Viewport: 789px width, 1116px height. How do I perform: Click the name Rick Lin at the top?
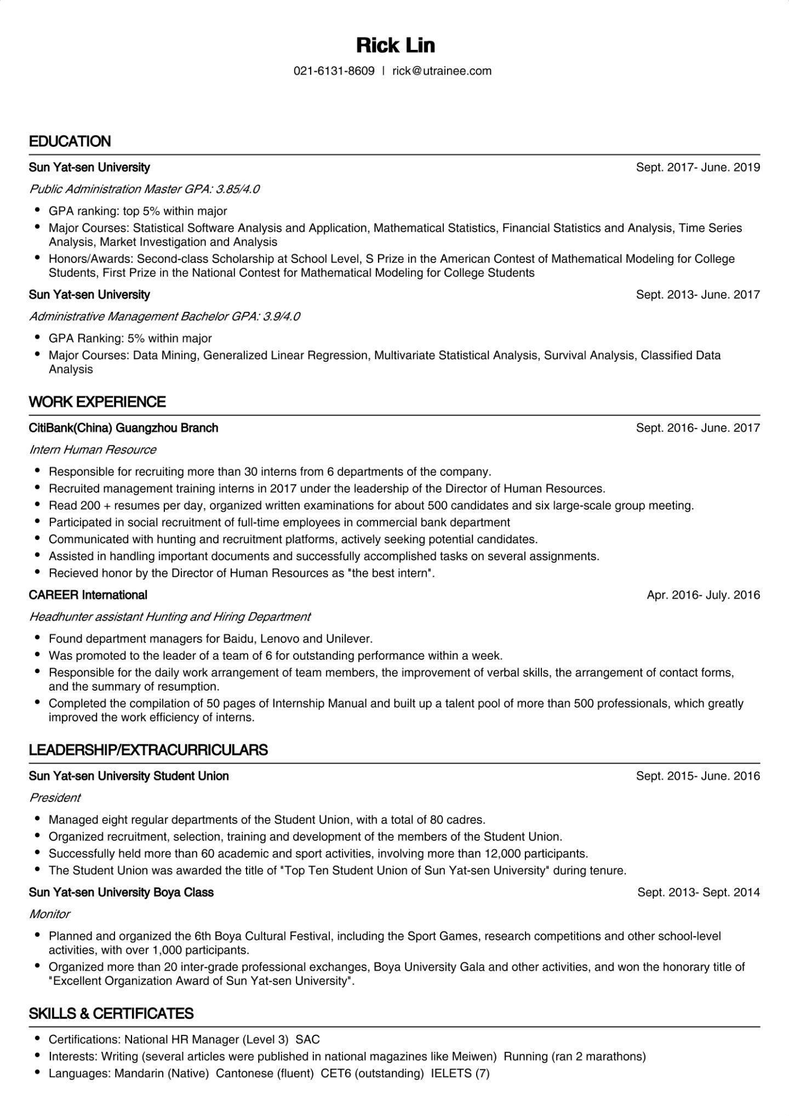click(395, 45)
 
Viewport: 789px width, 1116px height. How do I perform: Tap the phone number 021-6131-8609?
click(334, 71)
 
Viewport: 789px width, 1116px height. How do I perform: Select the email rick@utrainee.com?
click(442, 71)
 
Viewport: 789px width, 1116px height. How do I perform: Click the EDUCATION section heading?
click(70, 141)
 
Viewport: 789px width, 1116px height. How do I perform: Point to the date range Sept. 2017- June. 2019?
click(697, 167)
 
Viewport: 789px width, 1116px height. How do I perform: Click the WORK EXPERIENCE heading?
click(97, 402)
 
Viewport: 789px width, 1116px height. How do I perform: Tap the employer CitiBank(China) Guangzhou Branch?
click(123, 428)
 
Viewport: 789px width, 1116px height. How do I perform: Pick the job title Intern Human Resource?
click(93, 449)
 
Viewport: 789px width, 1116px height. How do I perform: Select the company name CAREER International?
click(88, 595)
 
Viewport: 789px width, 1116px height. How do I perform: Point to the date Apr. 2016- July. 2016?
click(703, 595)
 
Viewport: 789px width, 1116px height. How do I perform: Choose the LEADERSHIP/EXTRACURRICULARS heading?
click(148, 750)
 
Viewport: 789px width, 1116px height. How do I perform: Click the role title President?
click(55, 798)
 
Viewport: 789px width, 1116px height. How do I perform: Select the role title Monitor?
click(49, 914)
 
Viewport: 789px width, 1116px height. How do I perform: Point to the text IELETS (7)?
click(460, 1073)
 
